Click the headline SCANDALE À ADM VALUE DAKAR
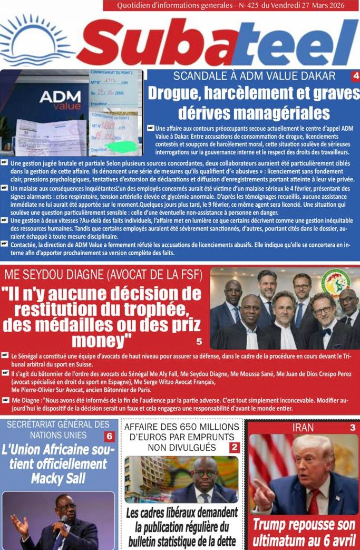tap(254, 76)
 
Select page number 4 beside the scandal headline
tap(355, 76)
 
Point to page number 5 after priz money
tap(199, 341)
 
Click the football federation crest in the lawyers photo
tap(335, 283)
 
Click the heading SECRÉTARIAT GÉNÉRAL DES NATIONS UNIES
tap(58, 430)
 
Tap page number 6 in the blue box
tap(109, 436)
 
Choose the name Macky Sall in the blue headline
tap(58, 478)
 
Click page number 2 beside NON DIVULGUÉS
tap(235, 448)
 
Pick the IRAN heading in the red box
tap(303, 428)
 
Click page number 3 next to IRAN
tap(353, 428)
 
